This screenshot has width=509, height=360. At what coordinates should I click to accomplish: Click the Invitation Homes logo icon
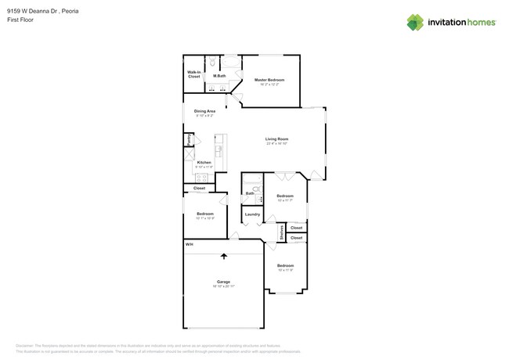tap(416, 22)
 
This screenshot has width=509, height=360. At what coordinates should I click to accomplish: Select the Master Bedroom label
tap(269, 80)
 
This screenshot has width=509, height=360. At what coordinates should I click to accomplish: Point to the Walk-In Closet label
tap(193, 74)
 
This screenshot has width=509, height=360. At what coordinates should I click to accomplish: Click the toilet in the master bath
tap(213, 62)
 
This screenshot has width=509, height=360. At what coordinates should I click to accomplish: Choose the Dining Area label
tap(204, 111)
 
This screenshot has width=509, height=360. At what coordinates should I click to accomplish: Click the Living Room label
tap(277, 139)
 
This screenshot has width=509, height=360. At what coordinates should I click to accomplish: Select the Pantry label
tap(189, 139)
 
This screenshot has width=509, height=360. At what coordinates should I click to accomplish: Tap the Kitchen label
tap(204, 162)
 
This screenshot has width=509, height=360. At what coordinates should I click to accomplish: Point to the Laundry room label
tap(252, 214)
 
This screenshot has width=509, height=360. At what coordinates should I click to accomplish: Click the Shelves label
tap(281, 232)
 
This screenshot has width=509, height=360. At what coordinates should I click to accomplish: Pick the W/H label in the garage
tap(189, 245)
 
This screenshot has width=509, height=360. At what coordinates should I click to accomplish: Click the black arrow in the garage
tap(224, 255)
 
